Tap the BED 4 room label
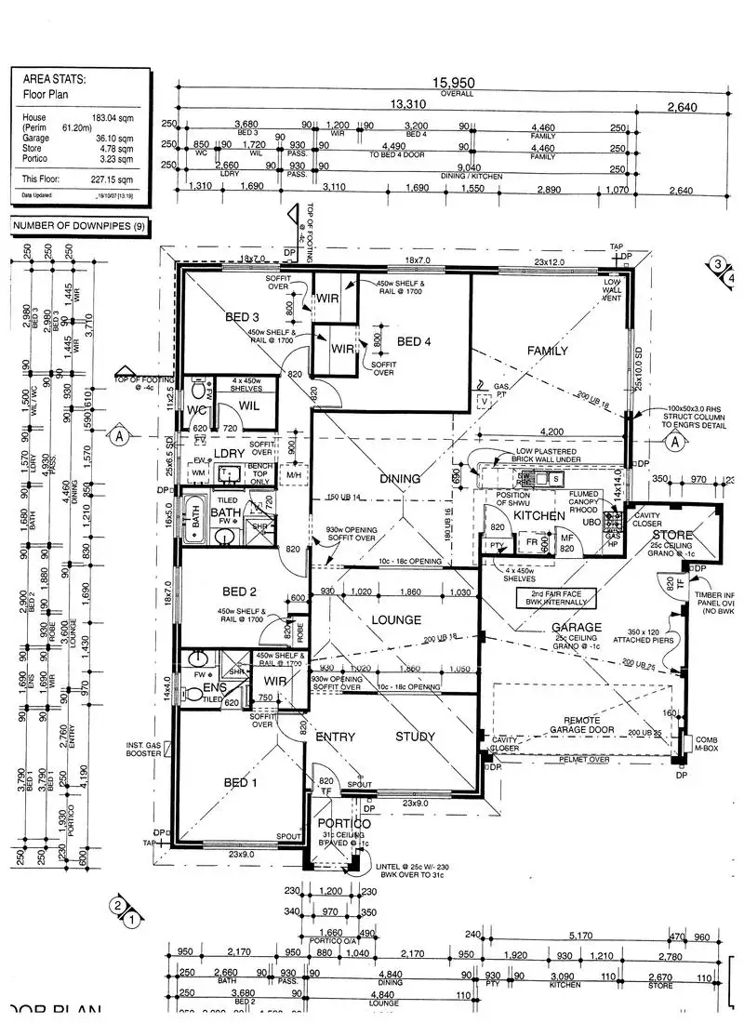[415, 342]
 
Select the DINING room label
[400, 479]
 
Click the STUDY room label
[415, 737]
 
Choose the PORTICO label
[344, 824]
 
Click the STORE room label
[671, 536]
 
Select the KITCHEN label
[539, 515]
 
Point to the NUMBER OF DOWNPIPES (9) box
[75, 226]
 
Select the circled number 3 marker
[718, 264]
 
